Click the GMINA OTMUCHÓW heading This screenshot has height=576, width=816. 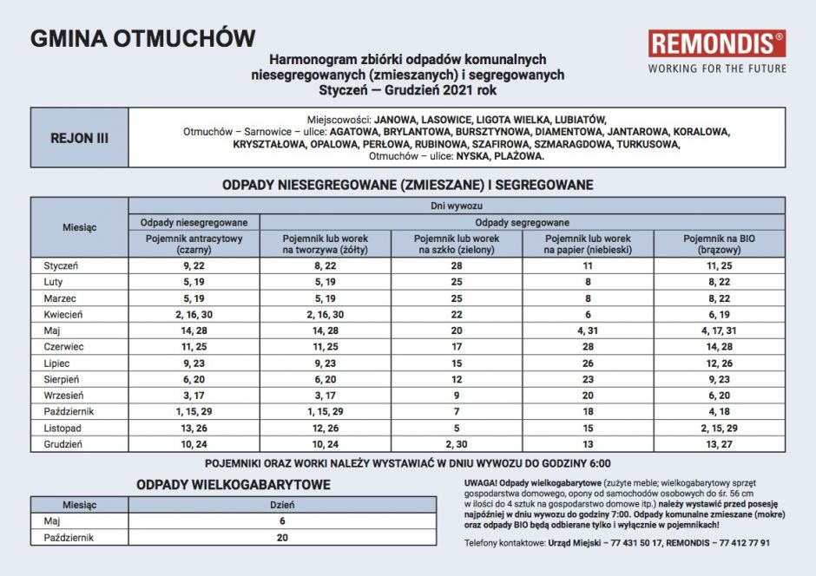coord(143,39)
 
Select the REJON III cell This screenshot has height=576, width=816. coord(79,138)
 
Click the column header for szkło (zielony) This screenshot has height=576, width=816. coord(457,244)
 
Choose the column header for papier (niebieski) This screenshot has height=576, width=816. coord(588,244)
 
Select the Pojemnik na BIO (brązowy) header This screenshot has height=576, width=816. coord(719,244)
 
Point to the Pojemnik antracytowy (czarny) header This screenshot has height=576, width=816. coord(194,244)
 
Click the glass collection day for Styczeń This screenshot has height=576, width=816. coord(457,265)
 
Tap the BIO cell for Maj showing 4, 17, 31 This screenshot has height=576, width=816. coord(719,331)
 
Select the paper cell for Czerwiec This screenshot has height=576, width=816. coord(588,347)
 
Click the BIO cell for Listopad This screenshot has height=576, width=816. coord(719,429)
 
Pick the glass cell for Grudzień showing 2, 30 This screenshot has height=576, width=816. coord(457,444)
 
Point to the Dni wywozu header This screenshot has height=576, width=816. coord(457,206)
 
